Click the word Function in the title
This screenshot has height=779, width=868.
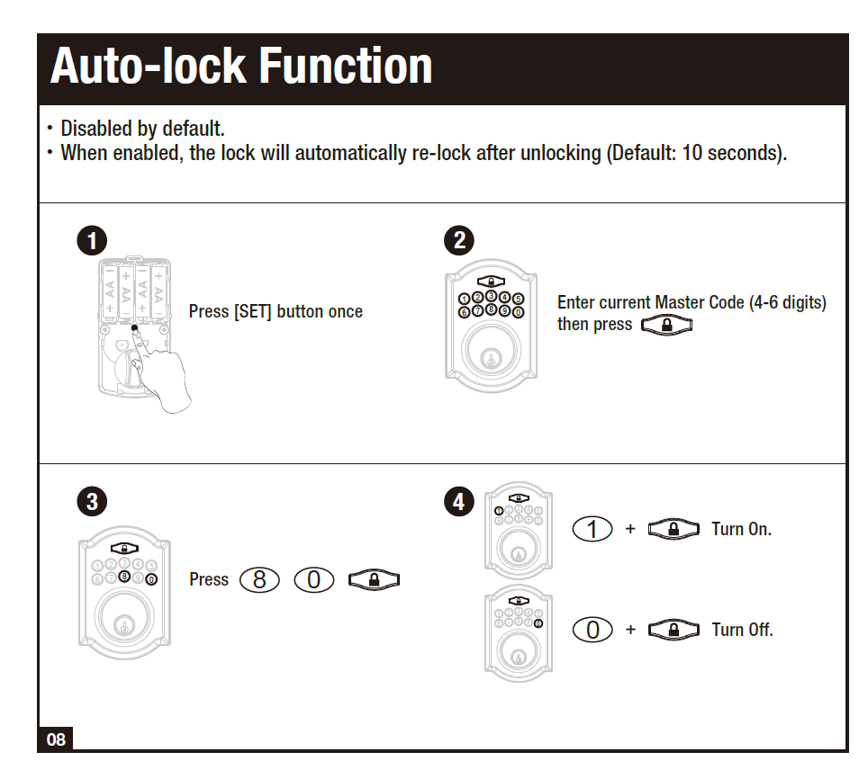pyautogui.click(x=346, y=67)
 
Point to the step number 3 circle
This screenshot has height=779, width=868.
pyautogui.click(x=92, y=501)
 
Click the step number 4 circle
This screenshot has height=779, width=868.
pyautogui.click(x=459, y=501)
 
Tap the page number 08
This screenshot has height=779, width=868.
pyautogui.click(x=56, y=740)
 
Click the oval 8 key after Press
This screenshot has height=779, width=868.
pyautogui.click(x=260, y=580)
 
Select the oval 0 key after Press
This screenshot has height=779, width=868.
pyautogui.click(x=313, y=580)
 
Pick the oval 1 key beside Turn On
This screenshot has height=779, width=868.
pyautogui.click(x=592, y=529)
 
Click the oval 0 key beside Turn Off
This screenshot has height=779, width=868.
pyautogui.click(x=592, y=630)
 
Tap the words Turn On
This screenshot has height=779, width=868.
pyautogui.click(x=741, y=529)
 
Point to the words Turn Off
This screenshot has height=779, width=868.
pyautogui.click(x=742, y=630)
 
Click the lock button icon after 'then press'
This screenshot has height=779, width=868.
pyautogui.click(x=666, y=325)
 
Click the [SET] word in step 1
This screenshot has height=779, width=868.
pyautogui.click(x=253, y=312)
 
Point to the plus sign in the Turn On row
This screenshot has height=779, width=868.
pyautogui.click(x=630, y=529)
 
